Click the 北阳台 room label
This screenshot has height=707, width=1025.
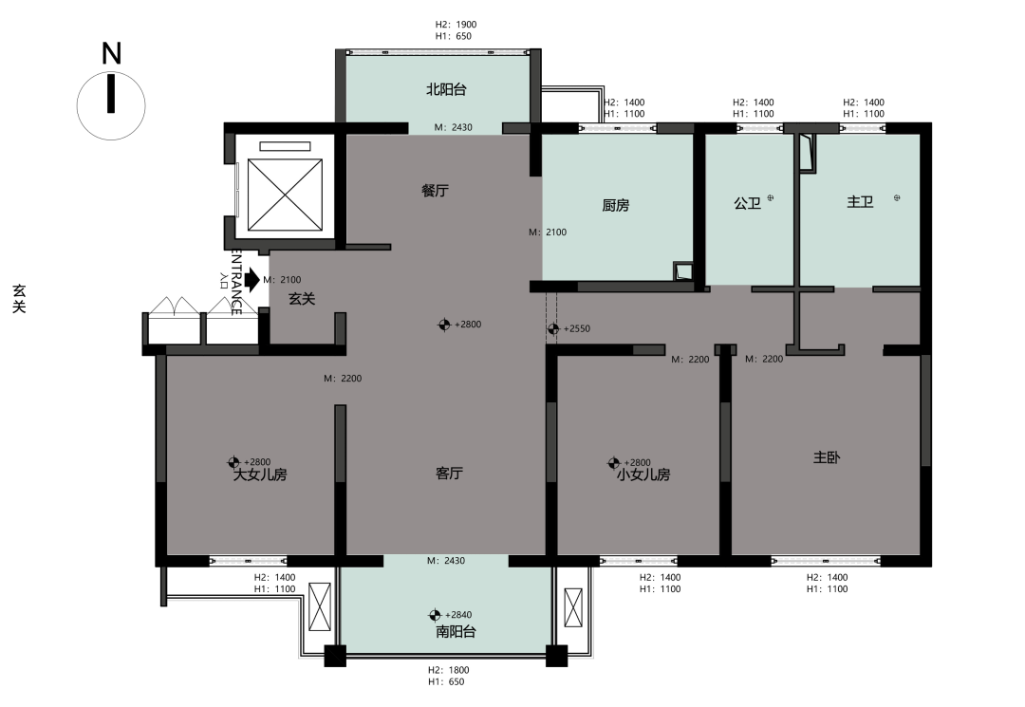coord(446,89)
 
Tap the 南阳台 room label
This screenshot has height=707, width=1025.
coord(456,632)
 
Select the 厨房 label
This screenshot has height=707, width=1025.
coord(615,205)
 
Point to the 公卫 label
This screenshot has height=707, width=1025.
coord(747,203)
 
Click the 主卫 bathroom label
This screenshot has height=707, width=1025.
coord(860,202)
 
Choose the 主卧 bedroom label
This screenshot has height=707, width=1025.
coord(827,457)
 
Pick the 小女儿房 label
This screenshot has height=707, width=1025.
coord(643,475)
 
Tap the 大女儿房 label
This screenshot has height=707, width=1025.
coord(260,475)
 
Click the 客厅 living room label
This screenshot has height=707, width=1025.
coord(449,474)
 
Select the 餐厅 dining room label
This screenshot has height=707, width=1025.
coord(435,191)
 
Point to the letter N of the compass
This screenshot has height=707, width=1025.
coord(112,53)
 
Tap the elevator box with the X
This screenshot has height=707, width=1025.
coord(286,195)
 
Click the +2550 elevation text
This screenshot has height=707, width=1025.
coord(577,328)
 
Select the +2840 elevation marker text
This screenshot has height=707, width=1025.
coord(458,615)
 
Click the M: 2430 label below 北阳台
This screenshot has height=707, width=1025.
coord(453,127)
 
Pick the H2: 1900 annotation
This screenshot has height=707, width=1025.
coord(457,25)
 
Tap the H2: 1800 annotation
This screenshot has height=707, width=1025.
coord(448,670)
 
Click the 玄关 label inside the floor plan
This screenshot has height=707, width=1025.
coord(302,299)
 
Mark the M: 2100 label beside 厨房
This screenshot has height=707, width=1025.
coord(548,232)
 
